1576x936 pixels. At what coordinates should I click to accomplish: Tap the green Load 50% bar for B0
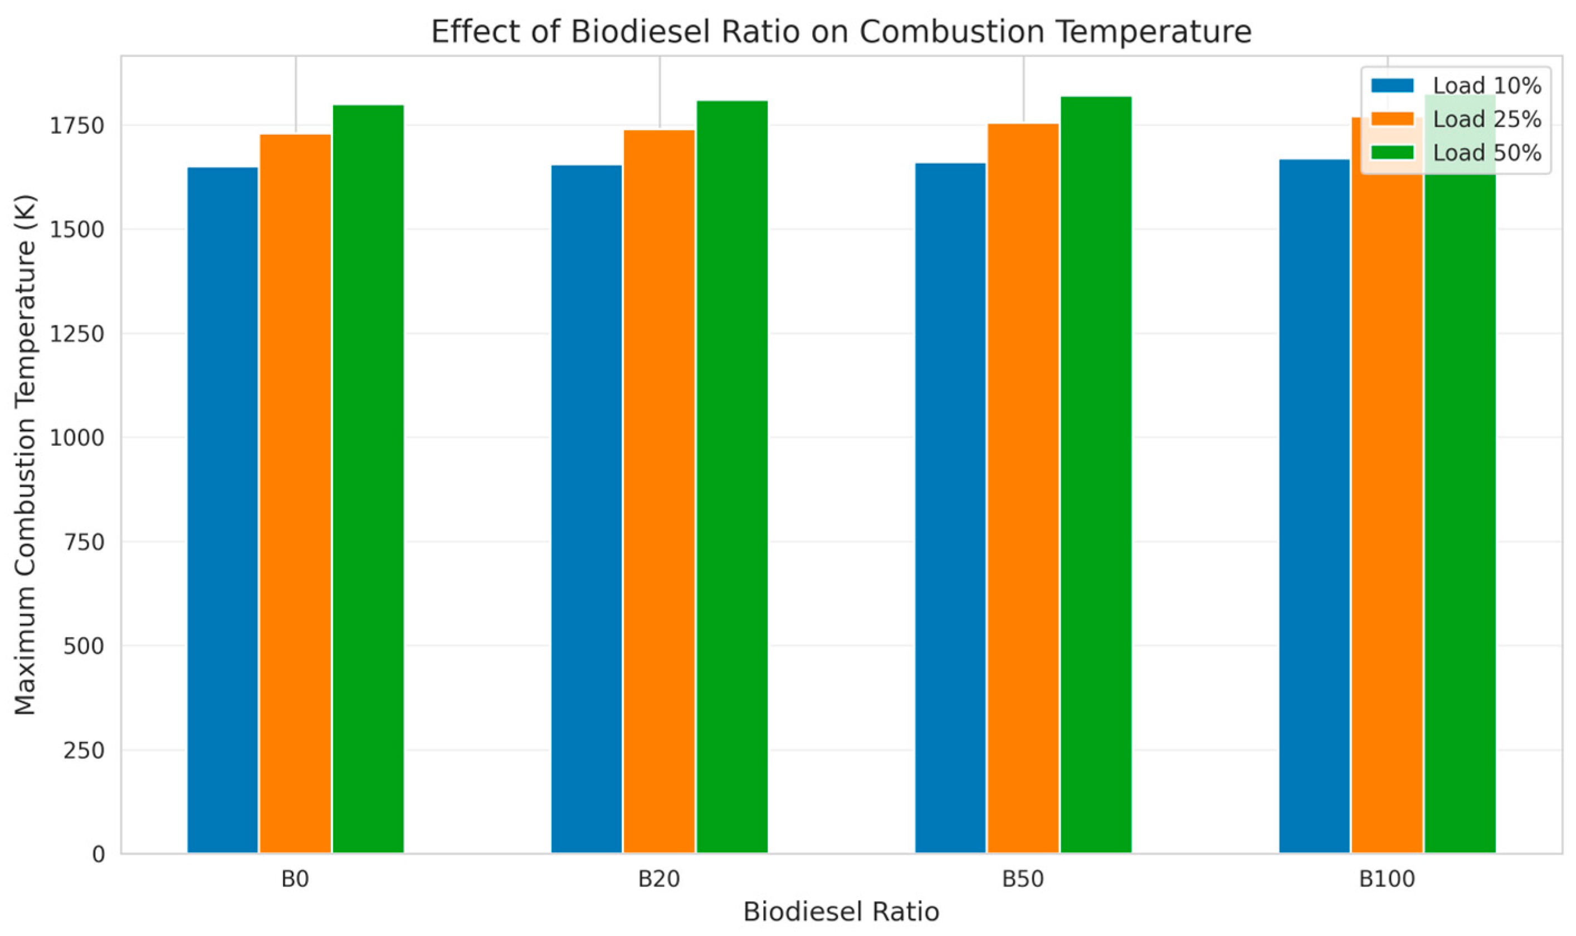tap(368, 479)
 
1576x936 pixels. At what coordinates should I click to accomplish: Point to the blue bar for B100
tap(1314, 506)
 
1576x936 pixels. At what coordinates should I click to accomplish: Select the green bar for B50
tap(1096, 474)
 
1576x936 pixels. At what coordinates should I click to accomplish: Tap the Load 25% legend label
tap(1486, 119)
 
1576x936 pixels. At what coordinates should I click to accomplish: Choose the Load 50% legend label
tap(1486, 153)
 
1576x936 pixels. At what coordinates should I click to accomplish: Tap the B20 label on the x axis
tap(659, 879)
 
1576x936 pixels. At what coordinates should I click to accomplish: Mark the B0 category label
tap(295, 879)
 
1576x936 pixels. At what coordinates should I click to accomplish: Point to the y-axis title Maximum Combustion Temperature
tap(25, 454)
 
